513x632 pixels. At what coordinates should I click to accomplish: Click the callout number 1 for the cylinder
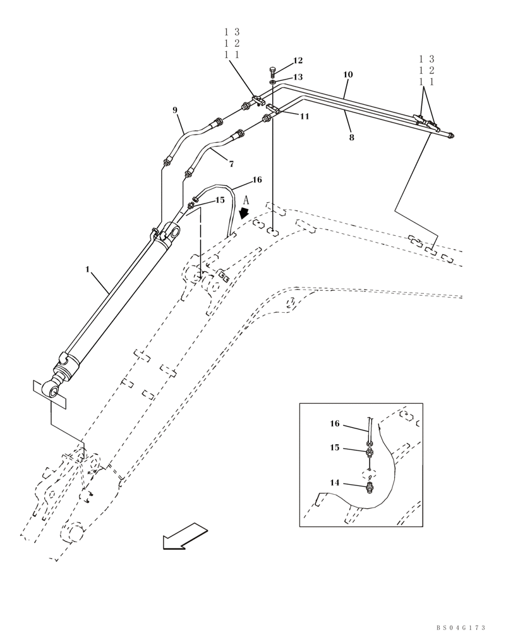coord(88,270)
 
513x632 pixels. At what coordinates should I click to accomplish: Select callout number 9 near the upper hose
coord(175,110)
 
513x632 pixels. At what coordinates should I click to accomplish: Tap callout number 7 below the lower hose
coord(231,164)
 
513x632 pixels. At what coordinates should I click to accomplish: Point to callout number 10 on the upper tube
coord(347,75)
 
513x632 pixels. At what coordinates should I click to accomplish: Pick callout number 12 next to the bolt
coord(298,61)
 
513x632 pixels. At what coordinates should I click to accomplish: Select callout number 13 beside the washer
coord(298,77)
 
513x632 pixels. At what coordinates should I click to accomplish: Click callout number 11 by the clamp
coord(305,116)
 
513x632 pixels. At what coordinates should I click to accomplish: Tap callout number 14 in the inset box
coord(335,483)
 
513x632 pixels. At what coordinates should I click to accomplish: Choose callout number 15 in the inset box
coord(335,447)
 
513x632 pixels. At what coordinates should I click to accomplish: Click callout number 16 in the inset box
coord(335,424)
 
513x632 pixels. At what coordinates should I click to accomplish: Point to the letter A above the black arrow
coord(247,199)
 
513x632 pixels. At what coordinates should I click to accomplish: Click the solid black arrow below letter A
coord(244,214)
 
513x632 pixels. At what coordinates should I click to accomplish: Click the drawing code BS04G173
coord(461,628)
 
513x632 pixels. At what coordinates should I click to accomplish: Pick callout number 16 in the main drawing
coord(256,180)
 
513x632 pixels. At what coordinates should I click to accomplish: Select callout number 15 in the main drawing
coord(220,200)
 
